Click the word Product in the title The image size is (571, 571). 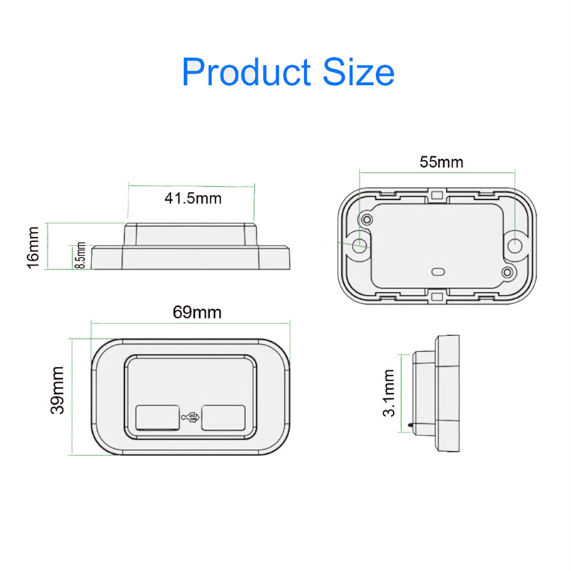[x=246, y=72]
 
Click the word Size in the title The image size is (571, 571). [x=358, y=72]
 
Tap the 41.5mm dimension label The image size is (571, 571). [x=193, y=198]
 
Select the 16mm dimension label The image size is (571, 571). [x=33, y=247]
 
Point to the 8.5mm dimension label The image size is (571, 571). [x=80, y=256]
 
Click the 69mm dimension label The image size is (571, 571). [x=197, y=313]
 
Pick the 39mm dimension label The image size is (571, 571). [x=57, y=390]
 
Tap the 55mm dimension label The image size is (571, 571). [x=441, y=162]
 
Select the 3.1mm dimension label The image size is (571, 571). [x=389, y=393]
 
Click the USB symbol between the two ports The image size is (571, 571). [x=191, y=418]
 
